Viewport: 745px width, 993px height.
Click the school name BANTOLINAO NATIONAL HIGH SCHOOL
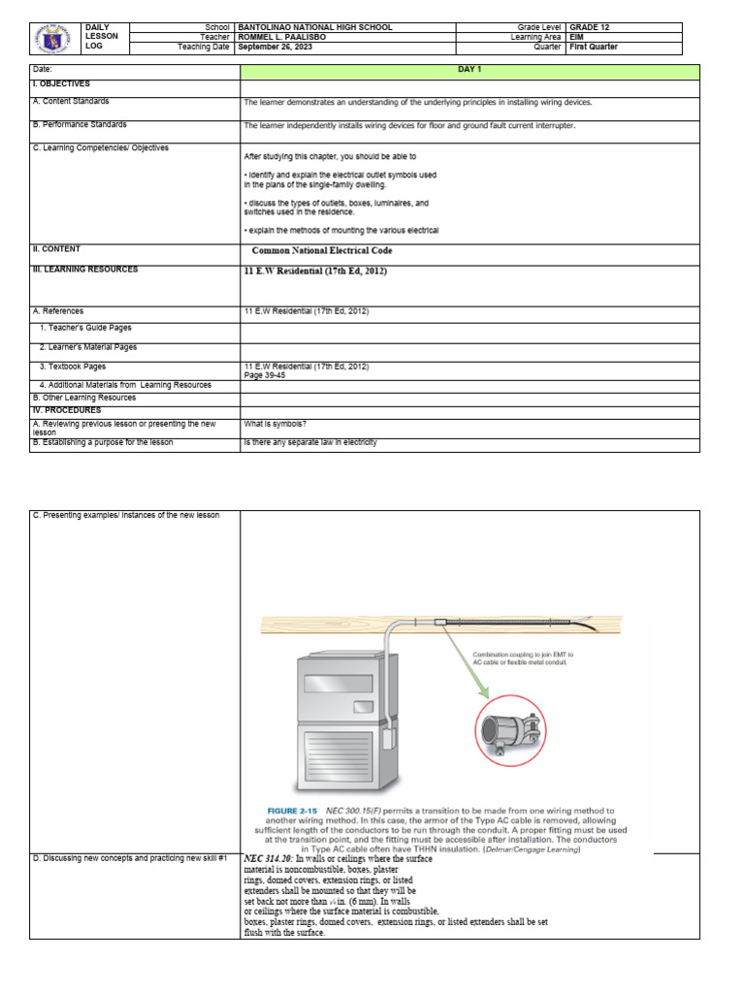pos(314,27)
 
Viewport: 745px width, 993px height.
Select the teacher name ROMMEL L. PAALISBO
pos(281,37)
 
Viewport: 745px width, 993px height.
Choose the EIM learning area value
pos(576,37)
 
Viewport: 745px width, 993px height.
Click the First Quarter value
pos(594,47)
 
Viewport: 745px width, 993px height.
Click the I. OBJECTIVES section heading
pos(62,85)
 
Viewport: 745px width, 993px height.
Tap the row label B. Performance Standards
pos(80,125)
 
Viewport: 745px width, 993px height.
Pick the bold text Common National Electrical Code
pos(321,250)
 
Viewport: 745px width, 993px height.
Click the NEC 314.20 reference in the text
pos(268,859)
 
